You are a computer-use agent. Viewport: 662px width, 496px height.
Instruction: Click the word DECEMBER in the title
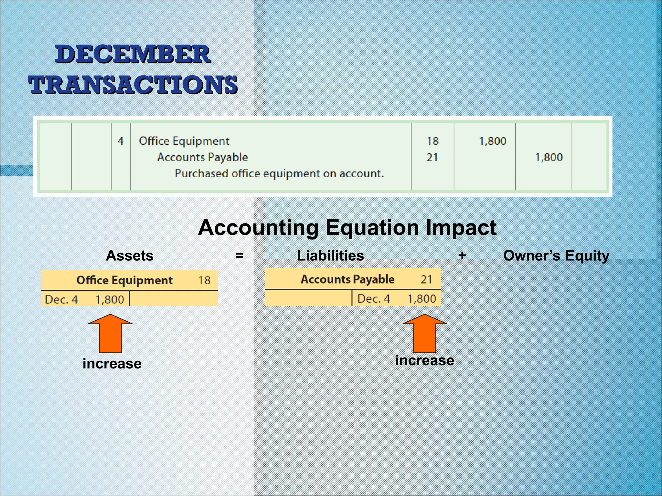[x=133, y=54]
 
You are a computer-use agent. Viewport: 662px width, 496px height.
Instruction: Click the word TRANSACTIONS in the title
[x=133, y=85]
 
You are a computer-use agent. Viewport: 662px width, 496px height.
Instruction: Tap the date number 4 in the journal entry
[x=121, y=141]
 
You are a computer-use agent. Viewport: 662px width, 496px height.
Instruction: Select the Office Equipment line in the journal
[x=184, y=141]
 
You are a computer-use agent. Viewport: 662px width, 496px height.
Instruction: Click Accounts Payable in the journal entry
[x=202, y=157]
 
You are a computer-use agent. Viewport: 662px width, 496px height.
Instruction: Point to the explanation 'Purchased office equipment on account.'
[x=279, y=174]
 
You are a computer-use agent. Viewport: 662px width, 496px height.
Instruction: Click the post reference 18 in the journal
[x=432, y=141]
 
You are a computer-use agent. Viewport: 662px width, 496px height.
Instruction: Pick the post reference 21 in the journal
[x=432, y=158]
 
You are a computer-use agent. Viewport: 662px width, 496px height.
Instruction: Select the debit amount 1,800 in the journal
[x=492, y=141]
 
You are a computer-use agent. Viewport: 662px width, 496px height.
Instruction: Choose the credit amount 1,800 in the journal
[x=549, y=158]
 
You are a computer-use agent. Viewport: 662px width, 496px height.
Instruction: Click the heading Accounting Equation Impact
[x=347, y=228]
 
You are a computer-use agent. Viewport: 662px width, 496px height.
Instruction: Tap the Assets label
[x=130, y=256]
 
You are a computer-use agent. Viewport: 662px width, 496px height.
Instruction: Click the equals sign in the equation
[x=240, y=255]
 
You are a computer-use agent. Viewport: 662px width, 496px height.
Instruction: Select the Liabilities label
[x=330, y=256]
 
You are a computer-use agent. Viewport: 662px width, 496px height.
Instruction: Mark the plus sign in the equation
[x=462, y=255]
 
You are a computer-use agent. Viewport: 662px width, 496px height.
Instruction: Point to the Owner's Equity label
[x=556, y=256]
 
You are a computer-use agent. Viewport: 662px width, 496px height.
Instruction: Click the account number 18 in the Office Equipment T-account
[x=205, y=280]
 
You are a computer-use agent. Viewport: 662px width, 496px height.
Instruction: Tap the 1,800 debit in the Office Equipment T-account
[x=110, y=300]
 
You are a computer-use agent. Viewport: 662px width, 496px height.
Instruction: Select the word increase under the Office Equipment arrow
[x=112, y=364]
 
